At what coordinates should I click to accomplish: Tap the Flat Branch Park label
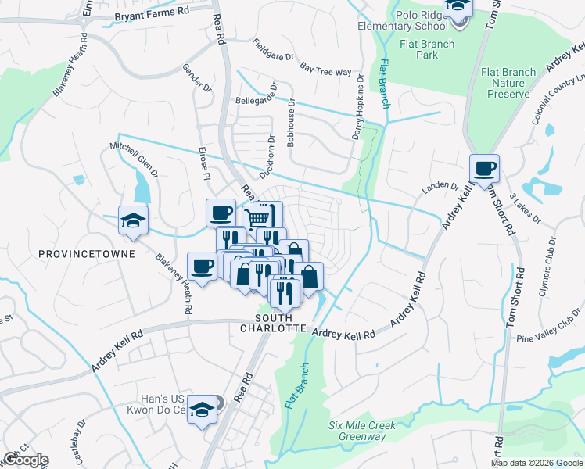coord(425,50)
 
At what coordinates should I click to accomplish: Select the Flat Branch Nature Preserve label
coord(508,83)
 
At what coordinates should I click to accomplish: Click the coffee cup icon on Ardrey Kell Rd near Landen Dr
coord(484,168)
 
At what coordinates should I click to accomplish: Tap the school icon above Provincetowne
coord(132,221)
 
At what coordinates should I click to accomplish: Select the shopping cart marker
coord(258,217)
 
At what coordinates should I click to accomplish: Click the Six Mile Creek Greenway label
coord(362,431)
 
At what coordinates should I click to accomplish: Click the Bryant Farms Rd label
coord(152,14)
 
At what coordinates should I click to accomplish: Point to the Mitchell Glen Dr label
coord(134,158)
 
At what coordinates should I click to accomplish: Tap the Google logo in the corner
coord(26,460)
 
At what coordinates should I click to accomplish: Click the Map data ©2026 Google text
coord(537,463)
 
